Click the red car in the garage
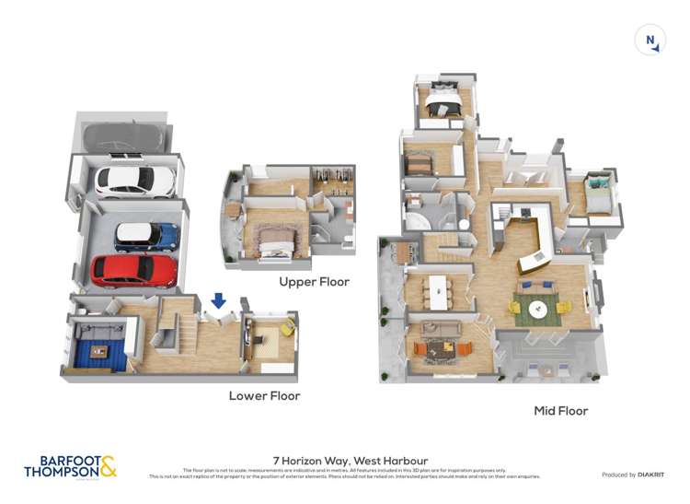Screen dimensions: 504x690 tap(134, 270)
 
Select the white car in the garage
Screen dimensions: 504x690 tap(134, 181)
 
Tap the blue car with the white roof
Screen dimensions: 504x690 tap(146, 237)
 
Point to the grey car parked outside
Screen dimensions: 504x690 tap(123, 137)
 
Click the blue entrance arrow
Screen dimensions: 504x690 tap(219, 300)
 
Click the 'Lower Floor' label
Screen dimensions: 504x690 tap(264, 395)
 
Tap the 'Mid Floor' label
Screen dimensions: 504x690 tap(560, 411)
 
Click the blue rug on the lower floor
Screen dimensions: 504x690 tap(92, 350)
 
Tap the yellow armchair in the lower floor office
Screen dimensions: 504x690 tap(285, 326)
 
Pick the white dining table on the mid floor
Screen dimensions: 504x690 tap(438, 293)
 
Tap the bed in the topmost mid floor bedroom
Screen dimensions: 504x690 tap(443, 105)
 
